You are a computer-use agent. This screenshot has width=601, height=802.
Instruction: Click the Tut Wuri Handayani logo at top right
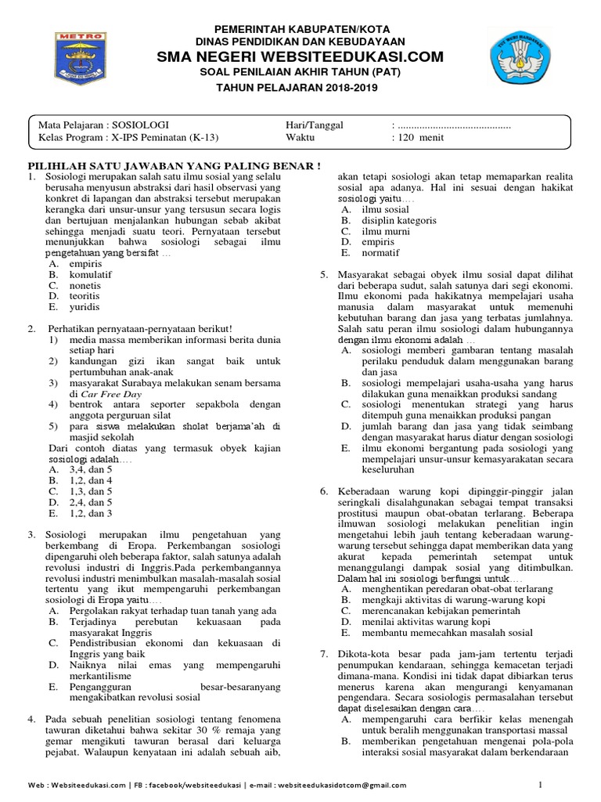[520, 58]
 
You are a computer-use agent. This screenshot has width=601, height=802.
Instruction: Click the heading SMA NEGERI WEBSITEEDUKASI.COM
[300, 57]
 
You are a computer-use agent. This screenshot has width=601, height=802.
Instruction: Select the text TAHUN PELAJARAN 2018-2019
[297, 88]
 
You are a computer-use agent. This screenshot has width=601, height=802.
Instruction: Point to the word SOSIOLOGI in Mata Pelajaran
[139, 125]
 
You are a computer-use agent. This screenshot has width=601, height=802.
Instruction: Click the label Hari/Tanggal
[315, 125]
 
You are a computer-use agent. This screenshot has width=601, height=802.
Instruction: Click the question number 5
[324, 276]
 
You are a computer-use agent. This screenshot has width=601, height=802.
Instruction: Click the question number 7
[324, 654]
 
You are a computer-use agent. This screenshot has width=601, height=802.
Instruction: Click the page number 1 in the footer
[540, 784]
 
